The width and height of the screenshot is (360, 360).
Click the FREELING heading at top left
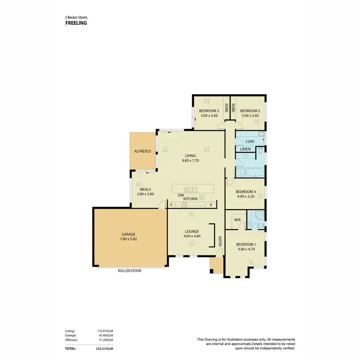click(76, 23)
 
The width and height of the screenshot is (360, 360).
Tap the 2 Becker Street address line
click(76, 17)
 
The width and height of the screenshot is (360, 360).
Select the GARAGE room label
click(128, 234)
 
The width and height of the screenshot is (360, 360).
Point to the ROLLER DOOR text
click(130, 271)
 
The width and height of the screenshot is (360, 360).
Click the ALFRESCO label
click(143, 151)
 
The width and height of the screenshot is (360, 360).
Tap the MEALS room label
click(146, 189)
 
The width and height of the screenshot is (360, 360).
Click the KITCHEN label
click(191, 198)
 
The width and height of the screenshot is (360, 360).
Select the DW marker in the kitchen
click(181, 195)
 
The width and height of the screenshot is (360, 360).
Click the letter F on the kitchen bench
click(171, 205)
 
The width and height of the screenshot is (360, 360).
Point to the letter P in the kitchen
click(210, 205)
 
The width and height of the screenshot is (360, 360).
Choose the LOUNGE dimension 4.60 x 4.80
click(192, 236)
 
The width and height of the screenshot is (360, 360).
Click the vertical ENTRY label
click(220, 241)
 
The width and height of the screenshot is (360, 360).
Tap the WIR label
click(237, 220)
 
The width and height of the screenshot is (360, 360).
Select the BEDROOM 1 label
click(246, 244)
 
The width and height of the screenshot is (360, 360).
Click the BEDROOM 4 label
click(245, 192)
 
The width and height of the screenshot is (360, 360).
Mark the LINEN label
click(245, 149)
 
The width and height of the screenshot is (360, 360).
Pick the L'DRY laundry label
click(250, 142)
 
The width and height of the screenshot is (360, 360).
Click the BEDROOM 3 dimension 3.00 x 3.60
click(209, 115)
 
